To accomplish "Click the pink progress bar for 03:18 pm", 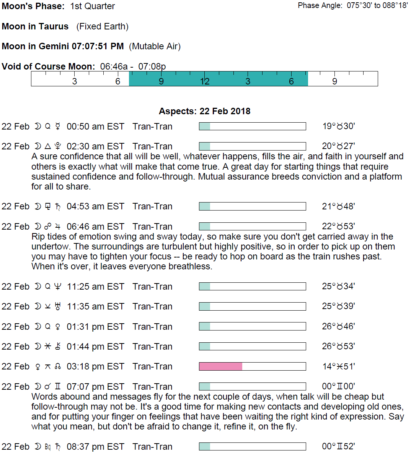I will click(x=221, y=366).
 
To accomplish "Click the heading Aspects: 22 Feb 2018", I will click(x=204, y=111).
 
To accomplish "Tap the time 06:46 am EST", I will click(x=95, y=227).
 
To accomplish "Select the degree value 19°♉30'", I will click(x=338, y=126).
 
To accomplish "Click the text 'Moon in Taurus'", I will click(x=35, y=26).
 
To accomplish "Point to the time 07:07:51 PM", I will click(x=98, y=46).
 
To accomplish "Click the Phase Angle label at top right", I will click(x=320, y=6).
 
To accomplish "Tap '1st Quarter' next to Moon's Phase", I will click(x=93, y=6).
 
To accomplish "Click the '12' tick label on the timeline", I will click(x=205, y=81).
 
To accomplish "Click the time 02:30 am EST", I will click(x=95, y=146).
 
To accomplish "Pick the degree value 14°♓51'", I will click(x=338, y=366).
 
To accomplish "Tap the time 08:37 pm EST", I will click(x=95, y=447).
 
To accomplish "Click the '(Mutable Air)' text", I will click(x=155, y=46).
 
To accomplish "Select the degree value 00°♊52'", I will click(x=338, y=447).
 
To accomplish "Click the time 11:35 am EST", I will click(x=95, y=306).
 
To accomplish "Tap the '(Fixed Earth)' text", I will click(x=102, y=26).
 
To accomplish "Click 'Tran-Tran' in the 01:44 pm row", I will click(x=152, y=347).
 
